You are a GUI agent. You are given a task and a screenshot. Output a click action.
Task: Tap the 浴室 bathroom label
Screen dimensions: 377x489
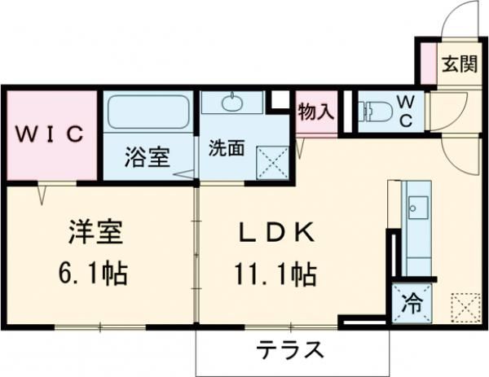pyautogui.click(x=147, y=157)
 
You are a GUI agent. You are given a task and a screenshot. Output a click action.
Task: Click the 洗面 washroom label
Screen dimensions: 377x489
pyautogui.click(x=226, y=149)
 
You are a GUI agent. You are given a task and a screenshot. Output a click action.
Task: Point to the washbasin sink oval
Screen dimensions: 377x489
pyautogui.click(x=232, y=103)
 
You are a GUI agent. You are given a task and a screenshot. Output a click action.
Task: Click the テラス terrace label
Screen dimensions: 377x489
pyautogui.click(x=291, y=351)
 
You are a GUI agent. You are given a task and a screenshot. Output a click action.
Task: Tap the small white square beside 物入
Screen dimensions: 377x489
pyautogui.click(x=280, y=100)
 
